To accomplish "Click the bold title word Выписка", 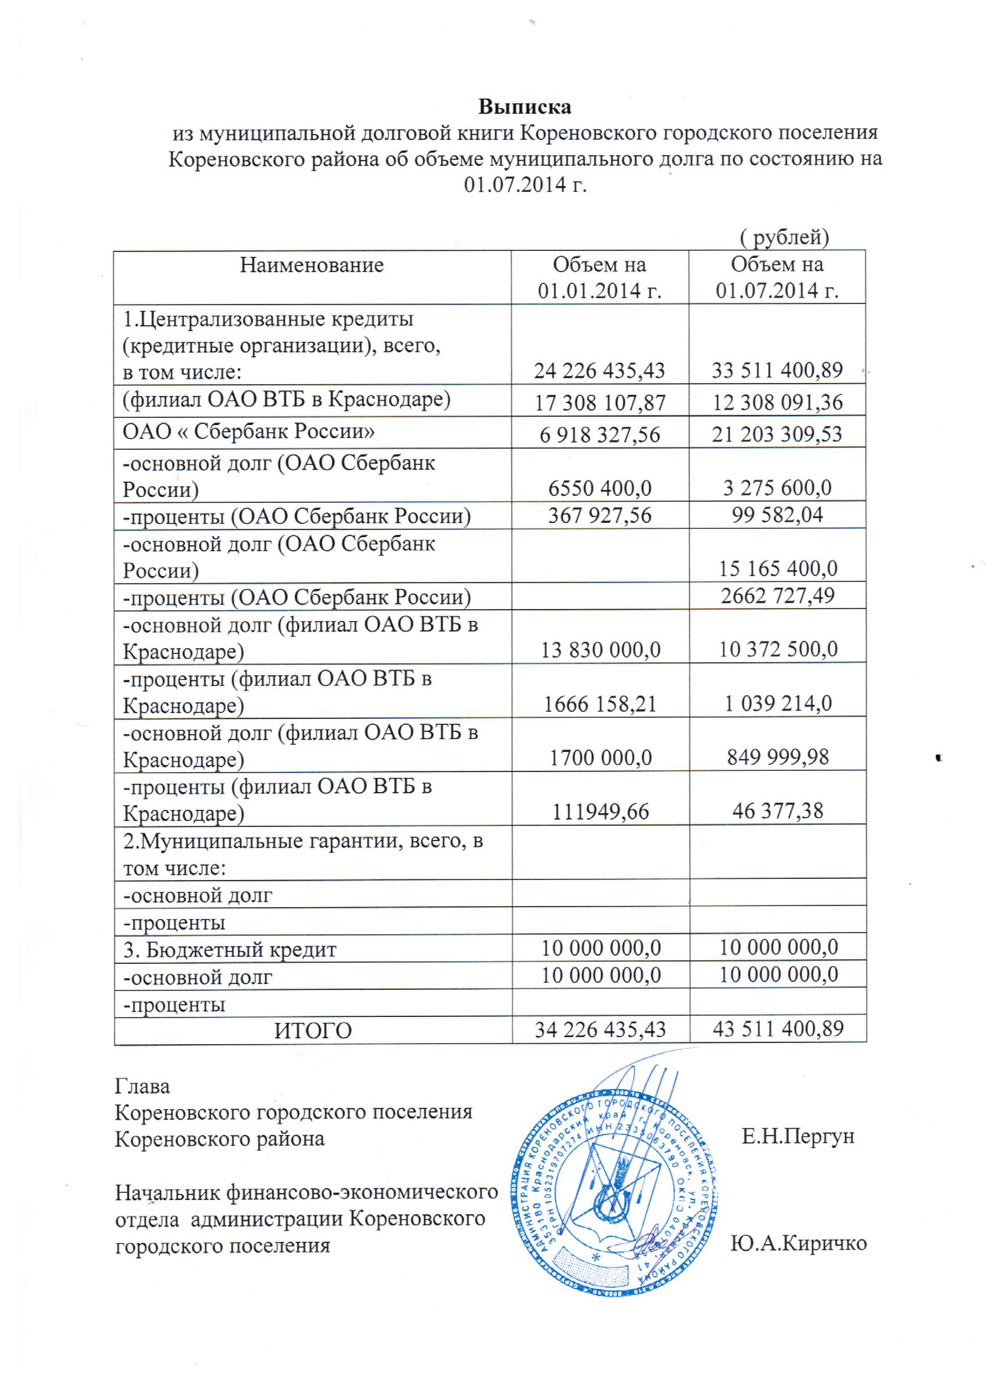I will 525,106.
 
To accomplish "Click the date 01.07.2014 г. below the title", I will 525,185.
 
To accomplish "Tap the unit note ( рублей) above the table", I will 785,237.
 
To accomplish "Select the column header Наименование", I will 312,265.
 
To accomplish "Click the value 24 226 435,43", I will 599,370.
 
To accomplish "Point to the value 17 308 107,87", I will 599,403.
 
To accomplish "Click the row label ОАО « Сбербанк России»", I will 249,431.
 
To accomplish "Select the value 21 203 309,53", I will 778,434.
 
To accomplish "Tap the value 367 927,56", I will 599,515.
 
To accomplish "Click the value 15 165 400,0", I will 778,569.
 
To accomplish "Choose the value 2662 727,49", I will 778,595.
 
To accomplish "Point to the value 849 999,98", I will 778,756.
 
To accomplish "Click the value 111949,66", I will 599,811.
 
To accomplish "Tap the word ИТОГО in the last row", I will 313,1031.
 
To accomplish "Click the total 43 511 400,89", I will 778,1029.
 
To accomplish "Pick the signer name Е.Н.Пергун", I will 798,1137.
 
